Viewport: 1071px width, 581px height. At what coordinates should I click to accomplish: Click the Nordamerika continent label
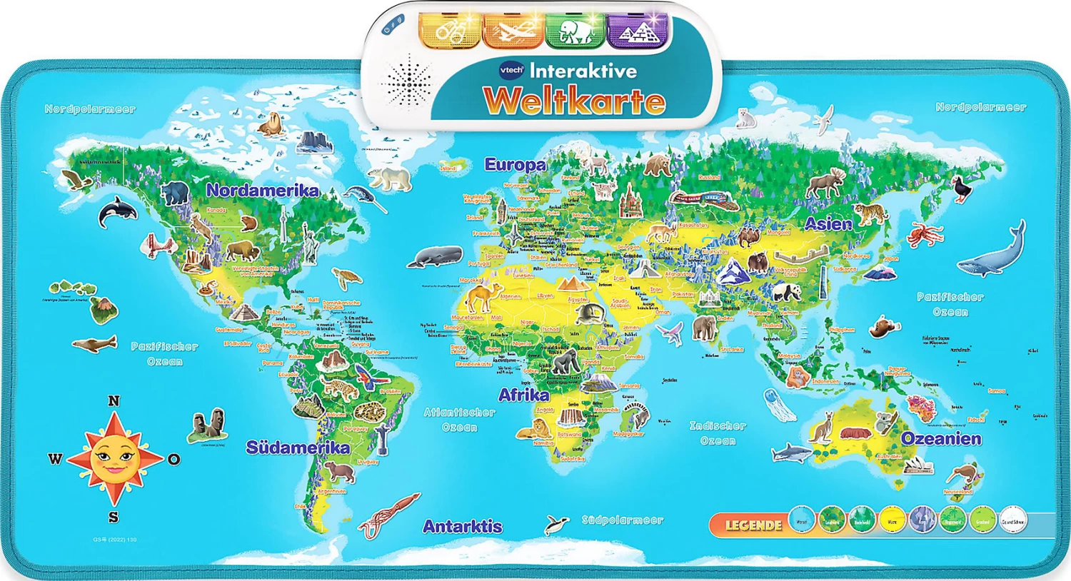(x=262, y=190)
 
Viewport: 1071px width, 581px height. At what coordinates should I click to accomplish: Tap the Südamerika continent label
(x=298, y=448)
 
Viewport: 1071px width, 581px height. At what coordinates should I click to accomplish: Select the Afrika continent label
(x=523, y=395)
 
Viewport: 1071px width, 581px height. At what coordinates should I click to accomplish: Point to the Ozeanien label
(x=940, y=438)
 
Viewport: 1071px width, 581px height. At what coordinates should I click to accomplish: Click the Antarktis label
(x=462, y=527)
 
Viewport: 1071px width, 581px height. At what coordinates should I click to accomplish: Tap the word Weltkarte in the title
(x=574, y=101)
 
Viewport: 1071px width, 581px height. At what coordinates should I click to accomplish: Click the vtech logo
(x=511, y=70)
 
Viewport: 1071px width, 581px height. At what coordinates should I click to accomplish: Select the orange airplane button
(x=512, y=31)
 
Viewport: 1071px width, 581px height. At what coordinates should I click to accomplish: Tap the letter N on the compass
(x=114, y=401)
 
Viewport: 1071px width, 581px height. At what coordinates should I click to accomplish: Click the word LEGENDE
(x=753, y=525)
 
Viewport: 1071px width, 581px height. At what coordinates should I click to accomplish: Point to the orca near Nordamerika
(x=117, y=211)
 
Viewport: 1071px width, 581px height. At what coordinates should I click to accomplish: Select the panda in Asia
(x=786, y=291)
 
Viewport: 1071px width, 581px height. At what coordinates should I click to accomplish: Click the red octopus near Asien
(x=925, y=233)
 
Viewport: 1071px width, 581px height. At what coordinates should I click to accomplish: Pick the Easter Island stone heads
(x=208, y=425)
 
